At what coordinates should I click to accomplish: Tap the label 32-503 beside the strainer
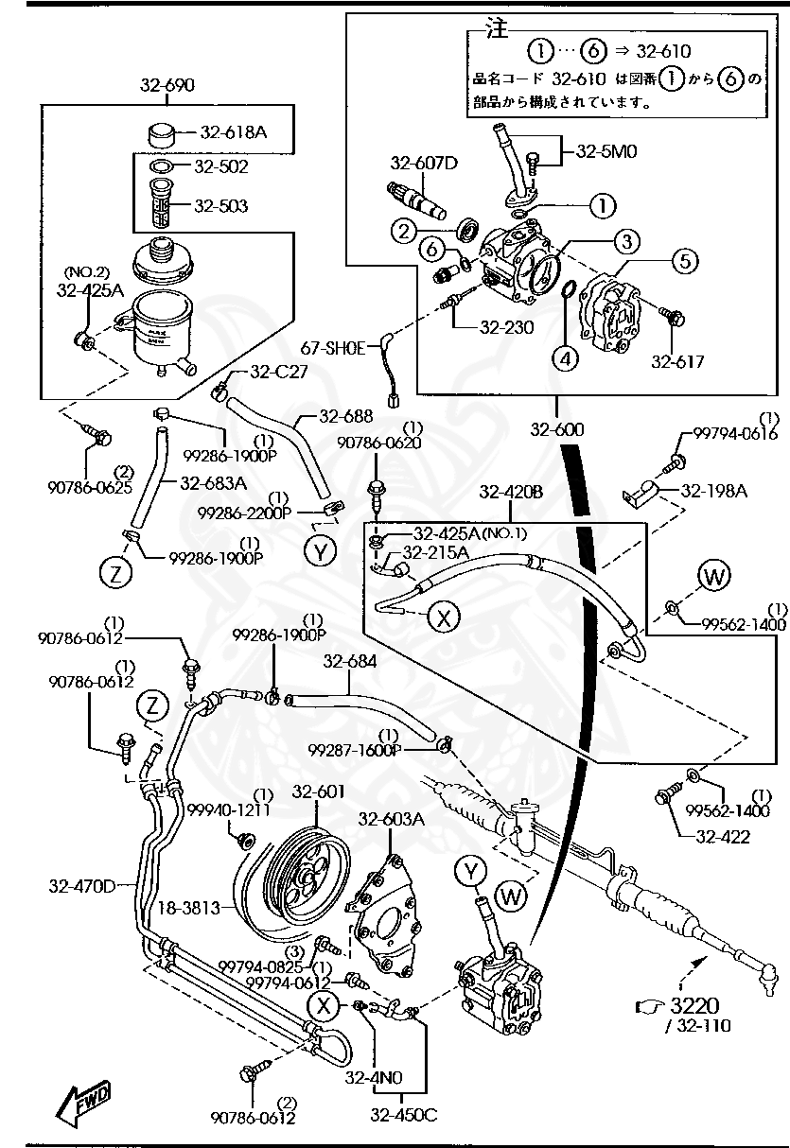[221, 205]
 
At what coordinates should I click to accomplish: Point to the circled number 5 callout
[687, 260]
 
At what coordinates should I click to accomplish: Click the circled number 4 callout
[566, 358]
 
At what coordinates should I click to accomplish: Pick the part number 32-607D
[423, 163]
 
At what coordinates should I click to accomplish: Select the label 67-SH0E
[332, 348]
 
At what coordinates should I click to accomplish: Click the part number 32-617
[677, 361]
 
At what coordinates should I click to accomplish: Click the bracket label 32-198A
[713, 491]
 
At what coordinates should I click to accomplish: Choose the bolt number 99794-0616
[735, 432]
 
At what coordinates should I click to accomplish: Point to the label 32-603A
[392, 820]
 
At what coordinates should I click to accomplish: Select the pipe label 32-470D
[82, 886]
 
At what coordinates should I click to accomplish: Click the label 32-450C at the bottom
[404, 1115]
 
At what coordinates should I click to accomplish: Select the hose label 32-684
[349, 663]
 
